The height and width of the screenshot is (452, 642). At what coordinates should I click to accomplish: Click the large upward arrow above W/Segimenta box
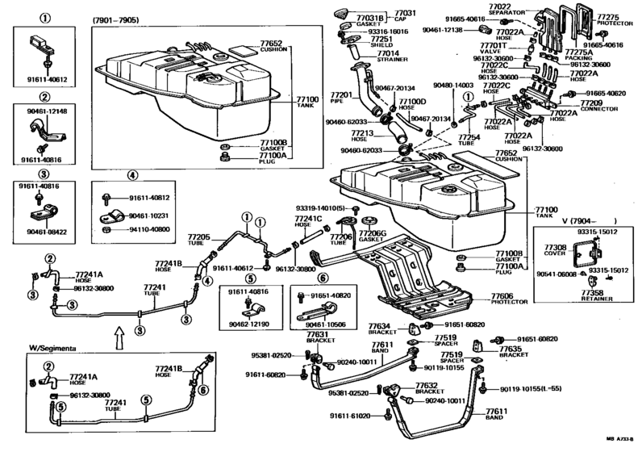tap(119, 332)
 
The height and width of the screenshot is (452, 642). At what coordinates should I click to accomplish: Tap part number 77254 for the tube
tap(471, 138)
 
